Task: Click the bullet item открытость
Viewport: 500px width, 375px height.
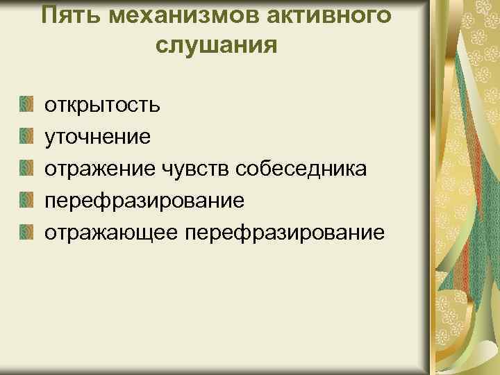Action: point(103,106)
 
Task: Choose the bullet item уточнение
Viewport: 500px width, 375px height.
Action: point(98,137)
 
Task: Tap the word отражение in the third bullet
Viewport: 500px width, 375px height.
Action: point(100,168)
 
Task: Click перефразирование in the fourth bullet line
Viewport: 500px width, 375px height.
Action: point(144,200)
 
